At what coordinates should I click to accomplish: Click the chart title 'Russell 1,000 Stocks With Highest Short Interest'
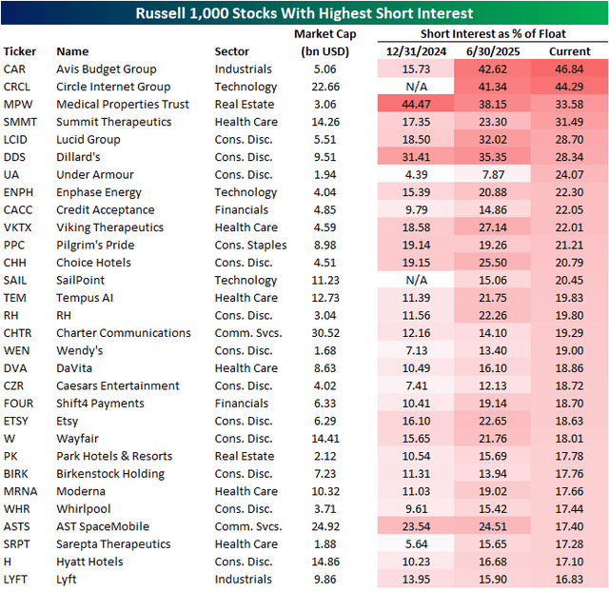coord(304,13)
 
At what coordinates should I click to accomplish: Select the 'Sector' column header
coord(232,51)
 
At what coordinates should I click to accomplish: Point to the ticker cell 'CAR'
coord(15,69)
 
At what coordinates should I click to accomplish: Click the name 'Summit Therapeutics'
coord(114,122)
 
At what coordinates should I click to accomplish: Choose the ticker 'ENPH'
coord(19,192)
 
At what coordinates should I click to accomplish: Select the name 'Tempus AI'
coord(86,298)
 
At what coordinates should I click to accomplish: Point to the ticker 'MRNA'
coord(20,491)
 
